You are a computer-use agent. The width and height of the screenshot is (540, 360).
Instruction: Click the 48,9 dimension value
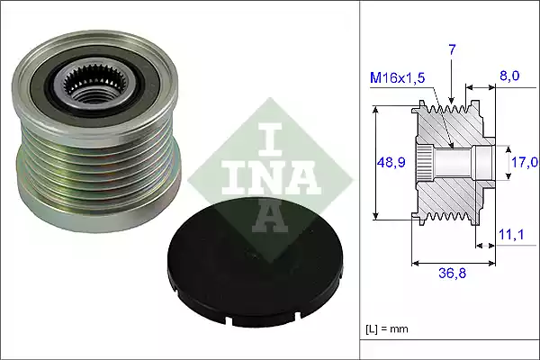pos(390,162)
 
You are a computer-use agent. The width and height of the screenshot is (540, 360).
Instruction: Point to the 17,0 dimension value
pos(524,162)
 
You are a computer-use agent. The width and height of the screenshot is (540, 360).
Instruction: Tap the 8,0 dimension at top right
pos(509,78)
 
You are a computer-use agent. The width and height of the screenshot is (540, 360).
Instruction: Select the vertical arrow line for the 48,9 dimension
pos(376,162)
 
